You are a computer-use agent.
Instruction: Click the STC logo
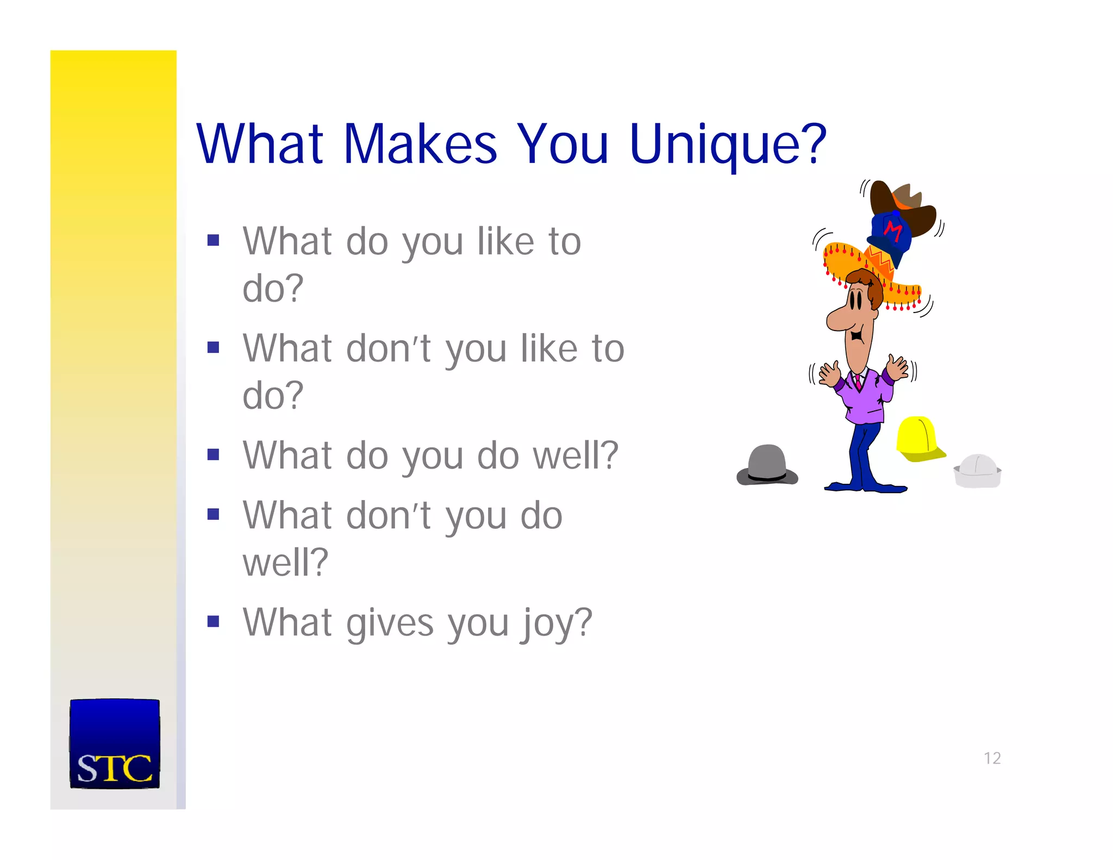tap(115, 744)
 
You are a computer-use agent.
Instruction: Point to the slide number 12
tap(992, 758)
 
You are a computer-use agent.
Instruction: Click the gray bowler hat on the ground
tap(767, 466)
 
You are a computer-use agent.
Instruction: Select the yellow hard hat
tap(918, 438)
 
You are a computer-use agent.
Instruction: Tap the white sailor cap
tap(978, 471)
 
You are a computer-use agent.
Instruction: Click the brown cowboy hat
tap(905, 204)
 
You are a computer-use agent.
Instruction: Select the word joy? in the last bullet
tap(557, 623)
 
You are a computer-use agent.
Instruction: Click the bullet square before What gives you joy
tap(213, 621)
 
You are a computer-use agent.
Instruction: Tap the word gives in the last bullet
tap(390, 623)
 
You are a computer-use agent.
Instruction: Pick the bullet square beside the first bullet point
tap(213, 240)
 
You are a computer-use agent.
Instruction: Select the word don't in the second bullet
tap(389, 348)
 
